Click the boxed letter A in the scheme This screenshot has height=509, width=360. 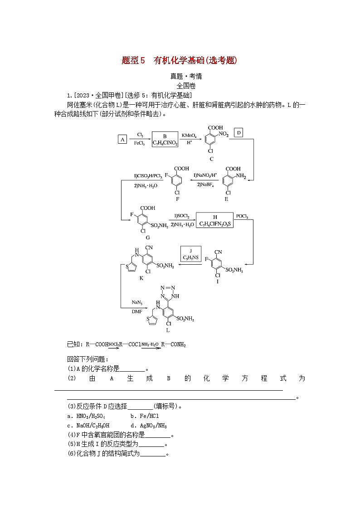pos(122,140)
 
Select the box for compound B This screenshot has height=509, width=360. pos(165,139)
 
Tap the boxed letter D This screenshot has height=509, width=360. pos(239,132)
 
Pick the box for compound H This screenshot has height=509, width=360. pos(215,220)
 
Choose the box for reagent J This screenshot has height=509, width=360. pos(191,254)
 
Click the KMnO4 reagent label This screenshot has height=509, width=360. pos(190,135)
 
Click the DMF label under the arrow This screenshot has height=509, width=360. pos(137,311)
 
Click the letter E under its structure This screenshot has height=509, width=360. pos(227,199)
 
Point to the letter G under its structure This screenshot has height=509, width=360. pos(147,237)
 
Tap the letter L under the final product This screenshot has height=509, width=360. pos(168,330)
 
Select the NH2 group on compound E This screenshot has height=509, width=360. pos(240,176)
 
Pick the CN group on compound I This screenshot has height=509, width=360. pos(219,252)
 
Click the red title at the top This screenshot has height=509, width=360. pos(180,60)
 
